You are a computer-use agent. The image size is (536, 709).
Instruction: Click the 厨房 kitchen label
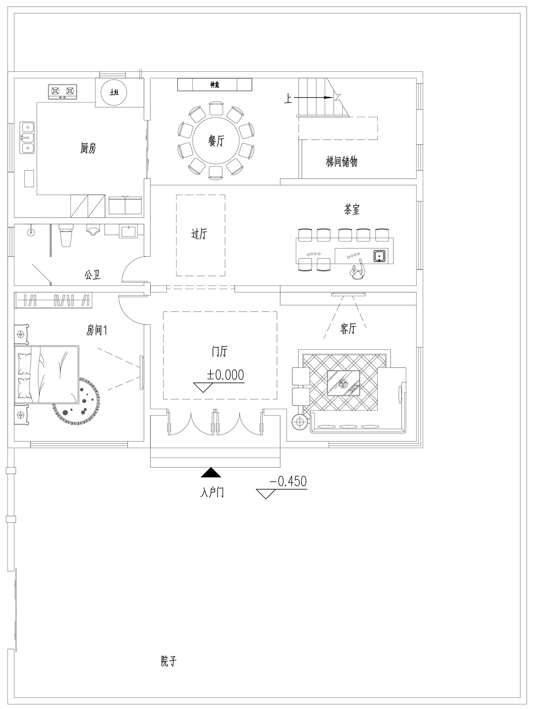88,148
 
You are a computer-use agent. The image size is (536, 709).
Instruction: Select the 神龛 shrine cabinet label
214,85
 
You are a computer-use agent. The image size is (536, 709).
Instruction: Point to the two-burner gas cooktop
63,92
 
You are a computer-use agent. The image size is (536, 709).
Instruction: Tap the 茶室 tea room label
352,209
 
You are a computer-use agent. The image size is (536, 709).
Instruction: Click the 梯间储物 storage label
341,162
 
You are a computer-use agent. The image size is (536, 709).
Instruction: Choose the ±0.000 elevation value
225,375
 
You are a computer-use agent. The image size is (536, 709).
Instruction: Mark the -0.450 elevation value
288,481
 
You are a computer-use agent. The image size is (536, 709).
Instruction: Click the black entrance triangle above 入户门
211,472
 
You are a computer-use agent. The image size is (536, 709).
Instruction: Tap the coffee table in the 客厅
343,383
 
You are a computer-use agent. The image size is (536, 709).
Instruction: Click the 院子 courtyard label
168,661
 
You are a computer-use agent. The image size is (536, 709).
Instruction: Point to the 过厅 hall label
199,234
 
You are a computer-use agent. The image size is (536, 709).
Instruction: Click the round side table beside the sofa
299,422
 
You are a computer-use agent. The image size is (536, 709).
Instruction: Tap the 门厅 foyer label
219,352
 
